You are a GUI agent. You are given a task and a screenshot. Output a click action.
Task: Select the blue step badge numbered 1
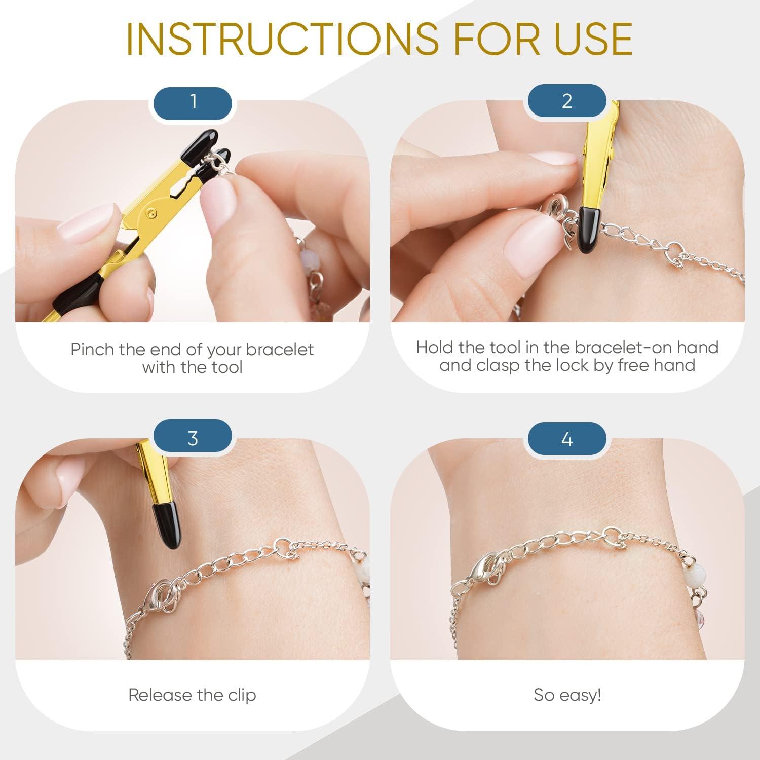click(193, 102)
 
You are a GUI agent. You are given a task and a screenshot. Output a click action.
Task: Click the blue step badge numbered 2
click(567, 102)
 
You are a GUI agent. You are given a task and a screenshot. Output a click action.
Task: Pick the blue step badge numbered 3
click(193, 438)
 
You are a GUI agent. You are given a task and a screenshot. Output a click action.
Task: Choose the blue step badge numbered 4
click(567, 438)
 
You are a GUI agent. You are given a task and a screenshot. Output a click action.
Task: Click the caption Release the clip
click(192, 695)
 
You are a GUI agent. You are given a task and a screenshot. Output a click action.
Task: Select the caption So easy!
click(567, 695)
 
